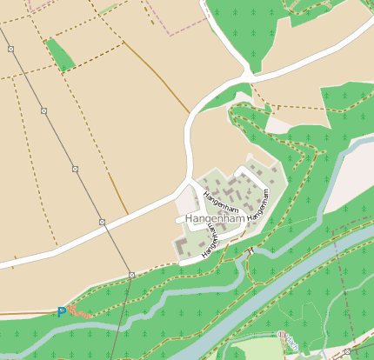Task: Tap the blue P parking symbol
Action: pos(61,311)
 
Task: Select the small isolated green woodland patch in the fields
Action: pos(60,54)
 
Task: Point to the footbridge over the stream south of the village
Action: pos(250,252)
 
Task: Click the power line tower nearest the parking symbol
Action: pos(131,275)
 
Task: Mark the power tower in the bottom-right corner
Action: pos(346,352)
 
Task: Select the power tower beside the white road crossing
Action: pos(102,223)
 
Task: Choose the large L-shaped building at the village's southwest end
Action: pos(183,248)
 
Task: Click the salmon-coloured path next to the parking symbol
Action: pos(78,310)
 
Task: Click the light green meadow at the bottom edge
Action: pos(252,350)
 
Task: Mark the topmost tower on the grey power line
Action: pos(12,48)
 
